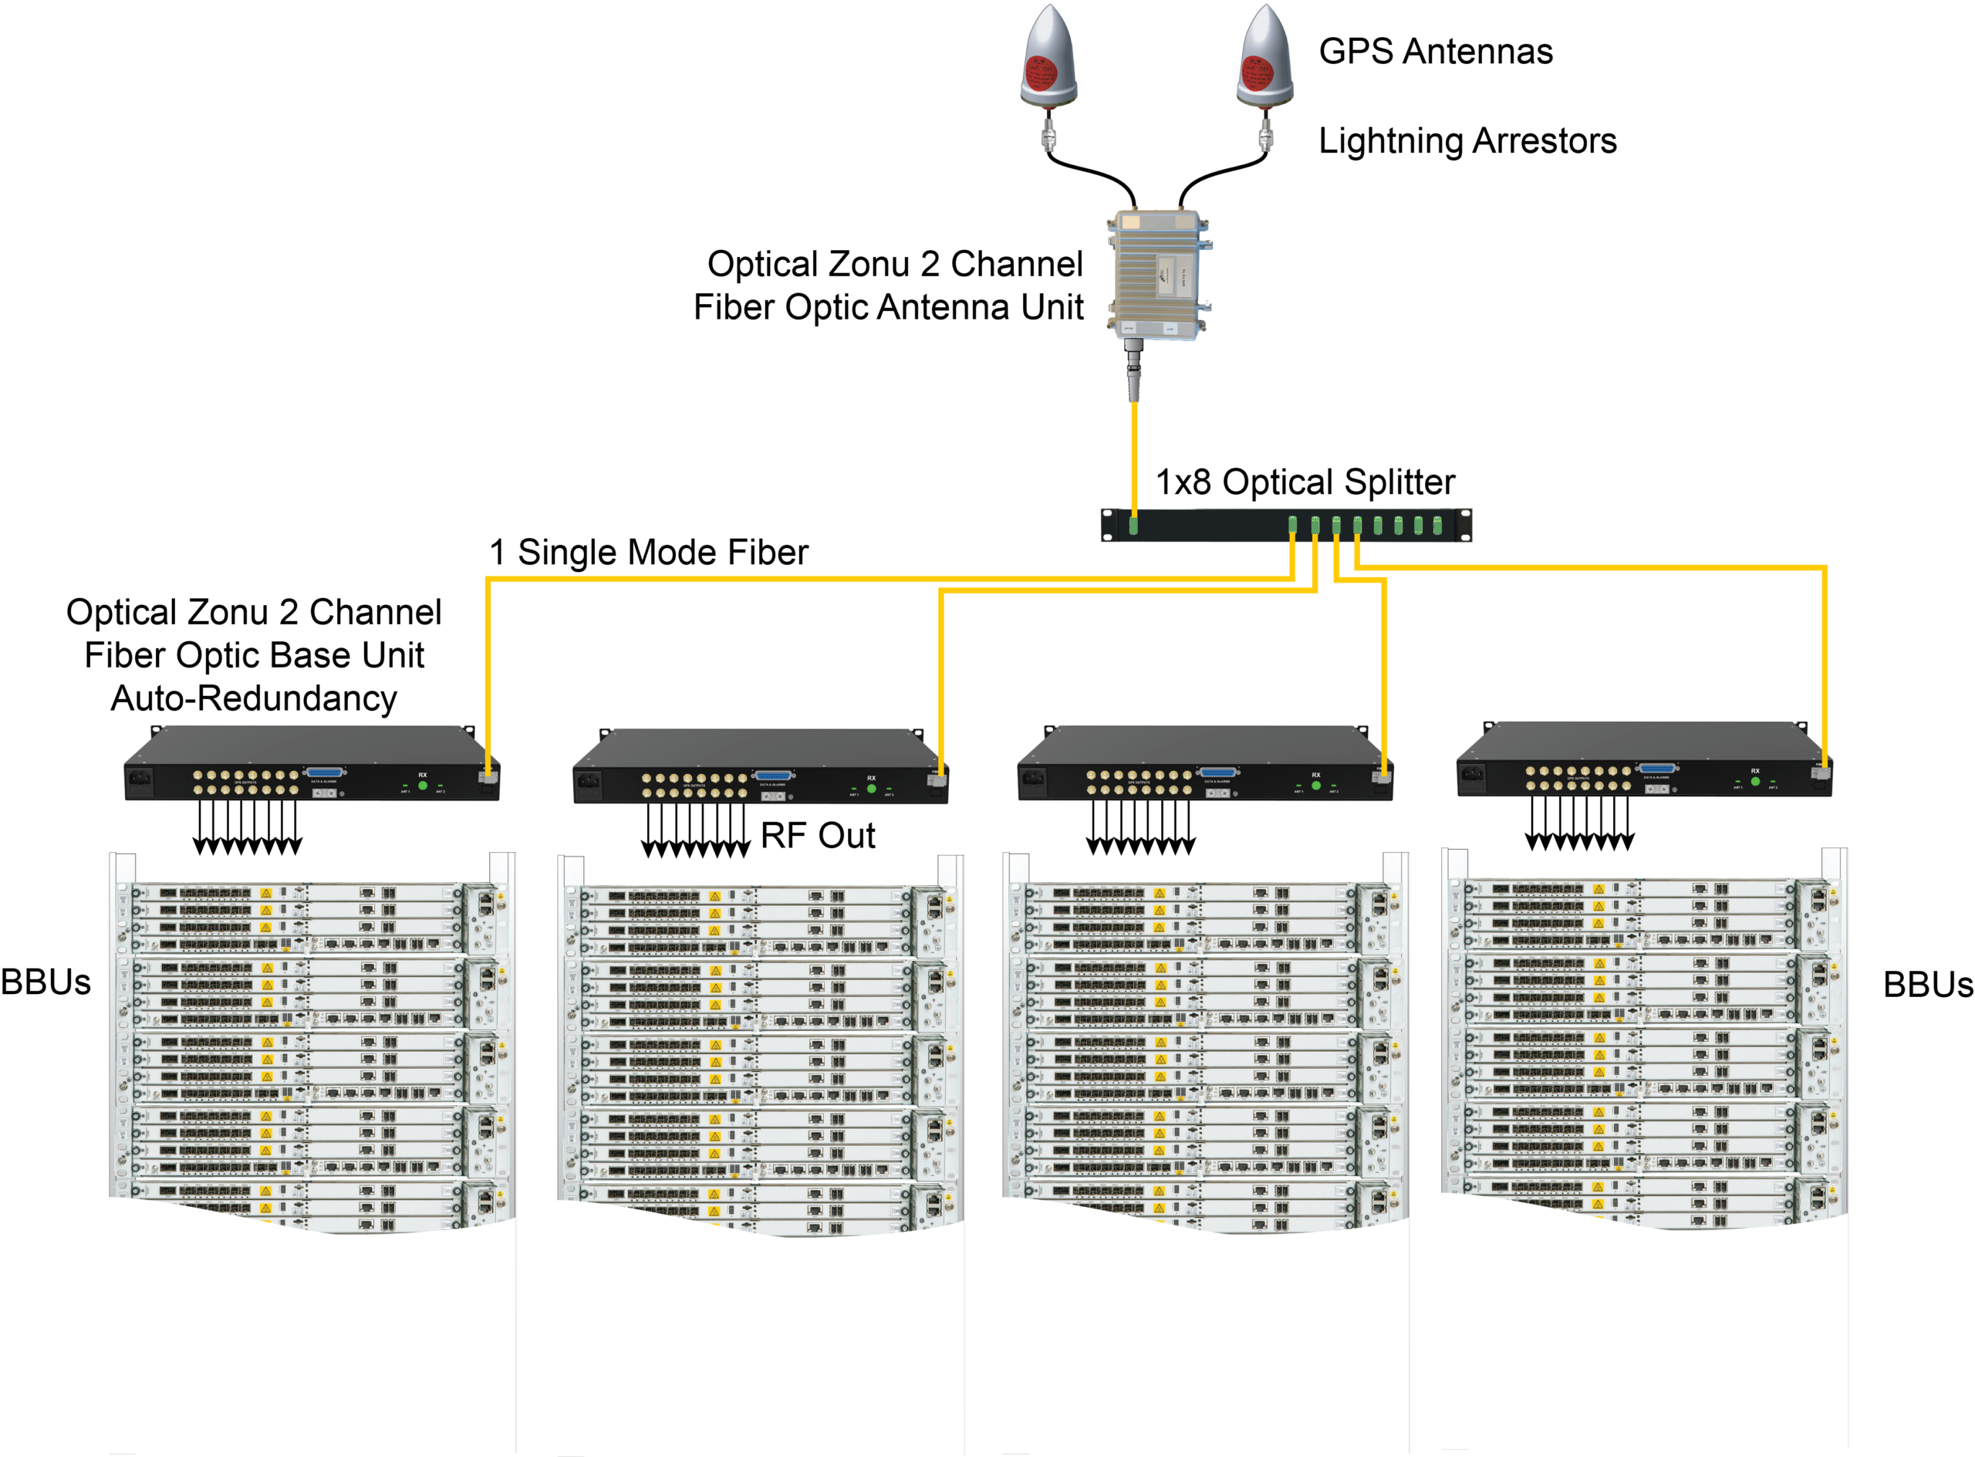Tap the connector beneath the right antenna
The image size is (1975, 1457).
coord(1265,137)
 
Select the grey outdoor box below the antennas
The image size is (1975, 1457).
coord(1158,273)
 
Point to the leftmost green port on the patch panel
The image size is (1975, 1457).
coord(1134,526)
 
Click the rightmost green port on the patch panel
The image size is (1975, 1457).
coord(1437,526)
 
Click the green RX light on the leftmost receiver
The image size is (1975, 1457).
coord(422,785)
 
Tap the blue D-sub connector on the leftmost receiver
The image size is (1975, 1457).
coord(325,772)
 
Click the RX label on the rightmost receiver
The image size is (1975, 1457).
coord(1754,771)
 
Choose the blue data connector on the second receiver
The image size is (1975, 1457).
coord(773,776)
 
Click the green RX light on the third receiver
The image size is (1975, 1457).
coord(1315,785)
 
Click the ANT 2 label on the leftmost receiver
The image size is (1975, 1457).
coord(440,791)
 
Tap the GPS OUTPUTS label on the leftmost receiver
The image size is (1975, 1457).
coord(245,783)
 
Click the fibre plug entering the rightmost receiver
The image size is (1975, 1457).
coord(1820,772)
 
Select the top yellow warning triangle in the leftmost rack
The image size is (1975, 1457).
coord(265,894)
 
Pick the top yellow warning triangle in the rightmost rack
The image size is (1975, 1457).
coord(1599,890)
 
